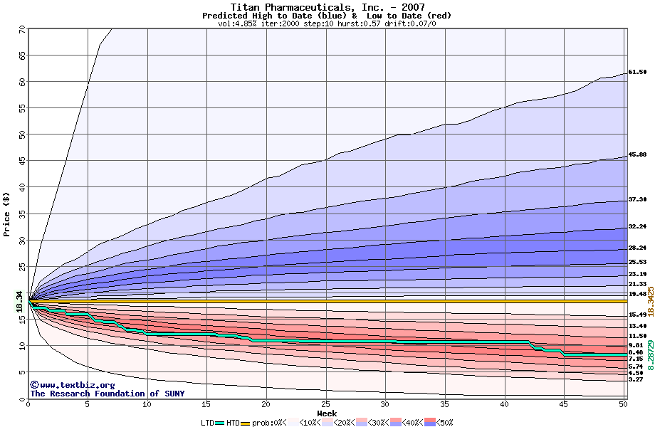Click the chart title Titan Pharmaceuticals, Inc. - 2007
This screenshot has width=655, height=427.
327,7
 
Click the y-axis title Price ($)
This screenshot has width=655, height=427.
6,213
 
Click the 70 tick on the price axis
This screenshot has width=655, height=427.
21,29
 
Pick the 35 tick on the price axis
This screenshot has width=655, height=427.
21,214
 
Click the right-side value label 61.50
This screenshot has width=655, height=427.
637,72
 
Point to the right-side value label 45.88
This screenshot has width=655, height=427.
637,154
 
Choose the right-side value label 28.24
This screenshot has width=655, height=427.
637,248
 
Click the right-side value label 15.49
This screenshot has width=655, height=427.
637,314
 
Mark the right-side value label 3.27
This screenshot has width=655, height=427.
636,379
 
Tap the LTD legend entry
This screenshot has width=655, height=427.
208,423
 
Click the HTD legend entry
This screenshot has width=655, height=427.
233,423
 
